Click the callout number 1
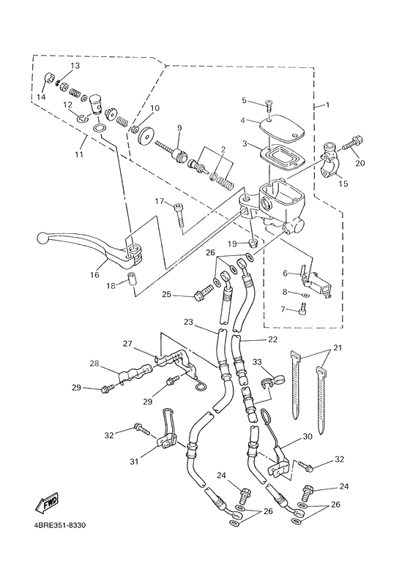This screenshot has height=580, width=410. [x=327, y=105]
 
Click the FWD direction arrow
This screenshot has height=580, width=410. [x=46, y=504]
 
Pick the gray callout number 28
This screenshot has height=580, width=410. [x=94, y=364]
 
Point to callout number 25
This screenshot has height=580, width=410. [x=166, y=294]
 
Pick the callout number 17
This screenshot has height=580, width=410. [x=160, y=201]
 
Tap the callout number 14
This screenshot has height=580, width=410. [x=41, y=97]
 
